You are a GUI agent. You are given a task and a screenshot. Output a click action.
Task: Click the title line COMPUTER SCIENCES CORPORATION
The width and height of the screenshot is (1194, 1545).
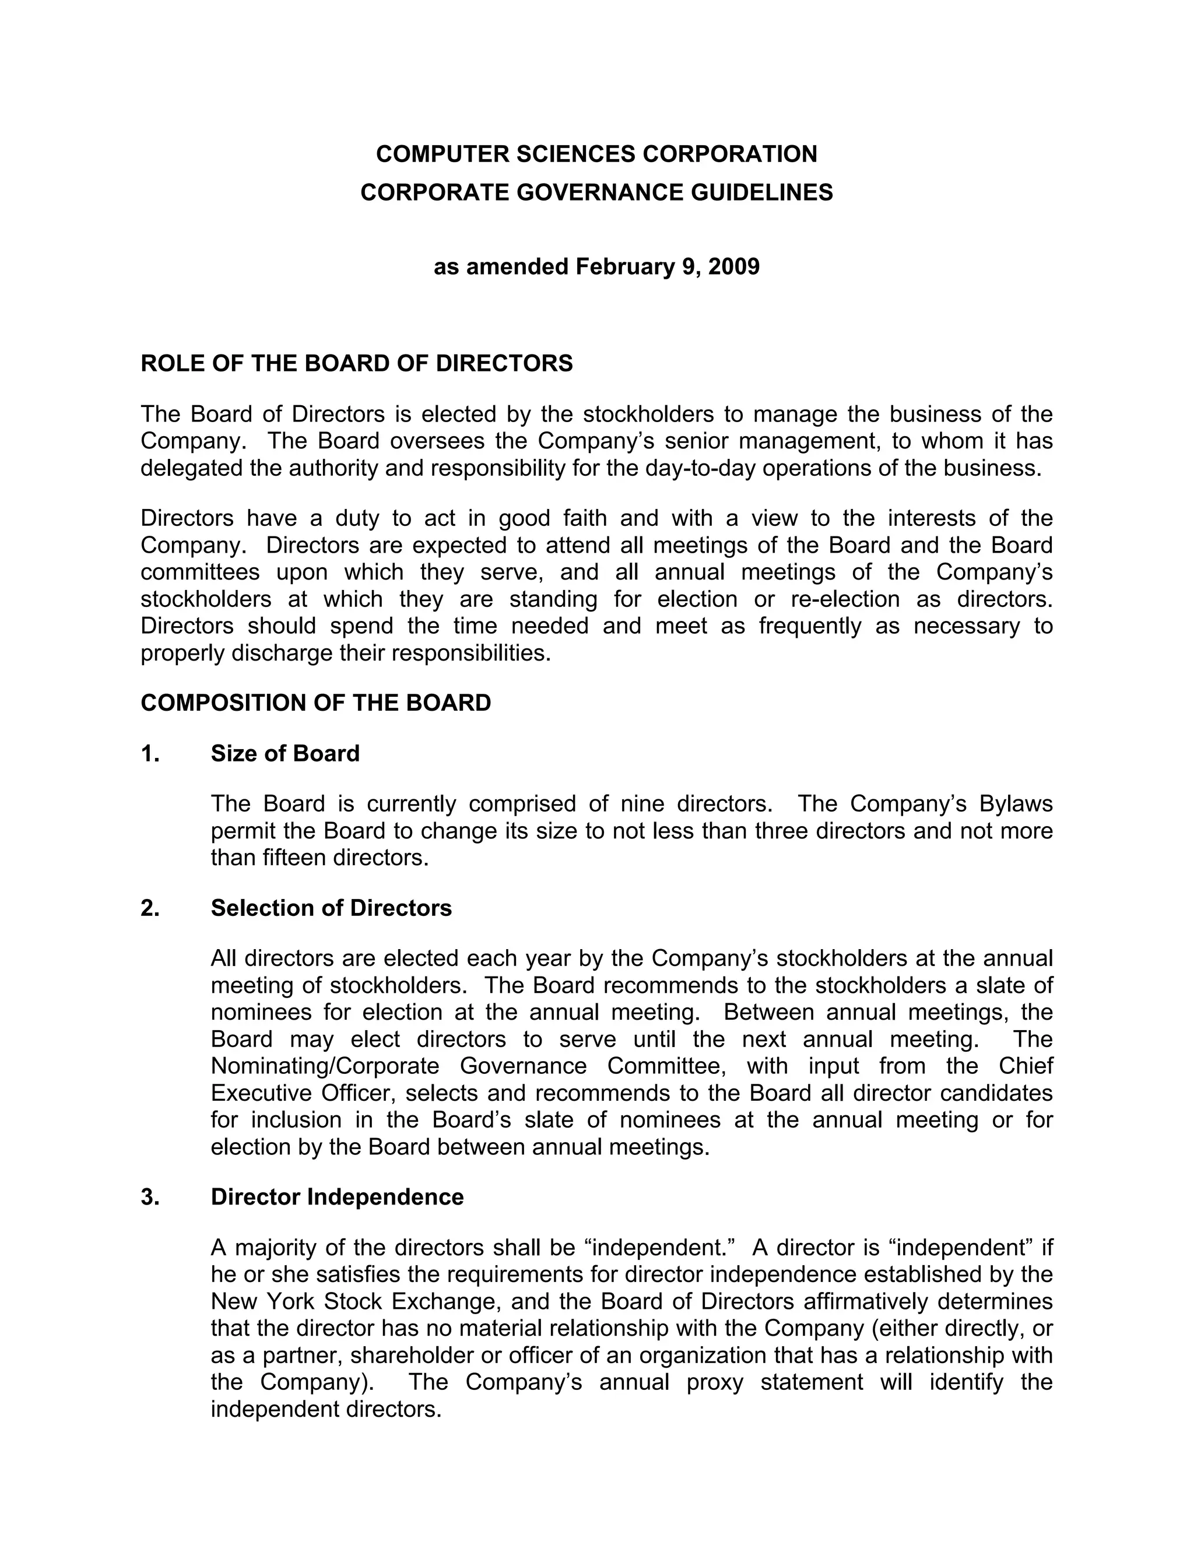pyautogui.click(x=596, y=154)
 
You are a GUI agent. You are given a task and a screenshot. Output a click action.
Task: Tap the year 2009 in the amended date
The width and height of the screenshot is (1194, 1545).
pyautogui.click(x=733, y=266)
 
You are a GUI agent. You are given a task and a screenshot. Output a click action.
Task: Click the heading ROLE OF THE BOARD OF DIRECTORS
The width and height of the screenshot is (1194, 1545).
pyautogui.click(x=356, y=364)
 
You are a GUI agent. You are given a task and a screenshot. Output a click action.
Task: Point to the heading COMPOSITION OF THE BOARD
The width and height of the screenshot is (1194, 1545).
pyautogui.click(x=315, y=703)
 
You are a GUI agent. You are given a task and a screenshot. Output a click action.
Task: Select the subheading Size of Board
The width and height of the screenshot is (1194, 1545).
pyautogui.click(x=285, y=753)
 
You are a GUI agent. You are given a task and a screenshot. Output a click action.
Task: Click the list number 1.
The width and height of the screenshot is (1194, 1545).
pyautogui.click(x=150, y=753)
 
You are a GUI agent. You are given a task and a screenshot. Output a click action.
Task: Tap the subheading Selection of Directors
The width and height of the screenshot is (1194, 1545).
pyautogui.click(x=331, y=908)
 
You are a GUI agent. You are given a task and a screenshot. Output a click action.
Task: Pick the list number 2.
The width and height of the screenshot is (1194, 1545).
pyautogui.click(x=150, y=908)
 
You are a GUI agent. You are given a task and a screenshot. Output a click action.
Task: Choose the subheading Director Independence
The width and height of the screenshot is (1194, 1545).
pyautogui.click(x=338, y=1197)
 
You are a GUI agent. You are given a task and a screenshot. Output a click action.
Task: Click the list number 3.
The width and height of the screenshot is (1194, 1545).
pyautogui.click(x=150, y=1197)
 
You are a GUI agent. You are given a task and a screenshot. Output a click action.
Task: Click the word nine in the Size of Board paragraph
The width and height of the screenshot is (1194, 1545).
pyautogui.click(x=640, y=805)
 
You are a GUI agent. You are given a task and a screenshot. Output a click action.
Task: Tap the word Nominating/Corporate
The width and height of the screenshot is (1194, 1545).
pyautogui.click(x=325, y=1066)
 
